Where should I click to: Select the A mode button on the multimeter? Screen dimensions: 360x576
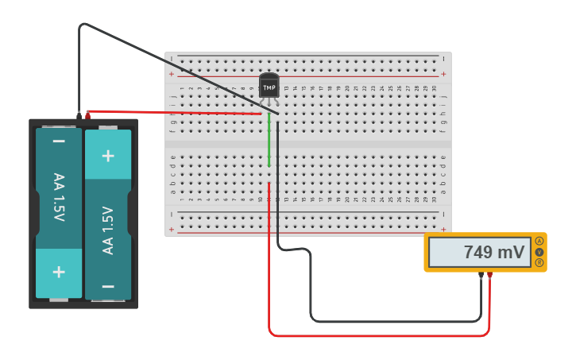tap(539, 241)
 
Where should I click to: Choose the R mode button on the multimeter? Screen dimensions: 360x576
tap(539, 262)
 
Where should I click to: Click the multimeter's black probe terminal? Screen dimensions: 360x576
tap(481, 276)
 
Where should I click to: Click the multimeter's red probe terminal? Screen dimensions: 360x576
tap(490, 276)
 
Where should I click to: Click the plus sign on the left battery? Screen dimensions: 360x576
tap(59, 271)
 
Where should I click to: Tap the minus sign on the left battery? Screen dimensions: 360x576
tap(59, 142)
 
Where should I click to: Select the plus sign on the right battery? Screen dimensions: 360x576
tap(108, 154)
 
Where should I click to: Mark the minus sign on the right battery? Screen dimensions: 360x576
tap(108, 285)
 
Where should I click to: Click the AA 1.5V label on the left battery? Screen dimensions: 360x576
tap(59, 197)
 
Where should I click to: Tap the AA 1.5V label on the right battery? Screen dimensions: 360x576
tap(108, 230)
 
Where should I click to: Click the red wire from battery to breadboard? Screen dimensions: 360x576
tap(175, 113)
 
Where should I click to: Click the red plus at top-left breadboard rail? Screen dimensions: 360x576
tap(171, 74)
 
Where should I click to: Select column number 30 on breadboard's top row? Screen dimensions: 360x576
tap(434, 87)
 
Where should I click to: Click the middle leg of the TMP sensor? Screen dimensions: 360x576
tap(269, 106)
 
